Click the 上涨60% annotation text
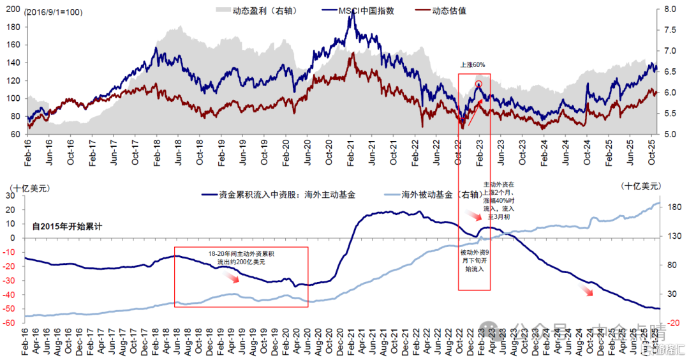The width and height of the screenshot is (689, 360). (473, 65)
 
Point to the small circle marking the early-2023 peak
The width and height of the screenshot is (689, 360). (478, 84)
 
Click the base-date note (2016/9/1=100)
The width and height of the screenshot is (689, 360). (54, 12)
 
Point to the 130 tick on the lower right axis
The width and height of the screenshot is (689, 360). (667, 237)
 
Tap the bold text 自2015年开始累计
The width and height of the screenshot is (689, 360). (67, 226)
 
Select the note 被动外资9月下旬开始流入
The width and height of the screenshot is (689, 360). (473, 261)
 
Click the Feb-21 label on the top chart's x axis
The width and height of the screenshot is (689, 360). (350, 154)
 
